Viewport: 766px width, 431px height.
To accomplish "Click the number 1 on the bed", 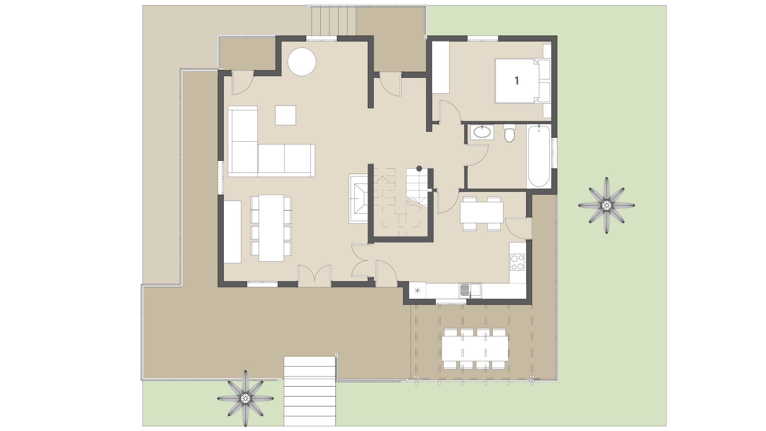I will coord(517,81).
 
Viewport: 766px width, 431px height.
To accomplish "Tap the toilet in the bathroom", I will coord(509,134).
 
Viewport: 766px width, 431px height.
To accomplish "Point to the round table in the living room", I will coord(302,61).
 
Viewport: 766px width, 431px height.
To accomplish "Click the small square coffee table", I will coord(285,115).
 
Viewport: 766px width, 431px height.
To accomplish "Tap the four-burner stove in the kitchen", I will coord(518,262).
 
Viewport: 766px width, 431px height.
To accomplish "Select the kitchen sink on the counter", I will coord(470,290).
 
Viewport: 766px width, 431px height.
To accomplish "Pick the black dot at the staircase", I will coord(419,168).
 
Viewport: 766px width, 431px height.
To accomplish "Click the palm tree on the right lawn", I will coord(606,205).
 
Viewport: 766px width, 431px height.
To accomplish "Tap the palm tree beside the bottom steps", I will coord(245,398).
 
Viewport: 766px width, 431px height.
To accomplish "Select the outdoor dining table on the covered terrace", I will coord(475,348).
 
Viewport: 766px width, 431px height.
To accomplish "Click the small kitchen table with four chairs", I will coord(482,212).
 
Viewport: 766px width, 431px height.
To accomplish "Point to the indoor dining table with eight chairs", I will coord(271,227).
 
